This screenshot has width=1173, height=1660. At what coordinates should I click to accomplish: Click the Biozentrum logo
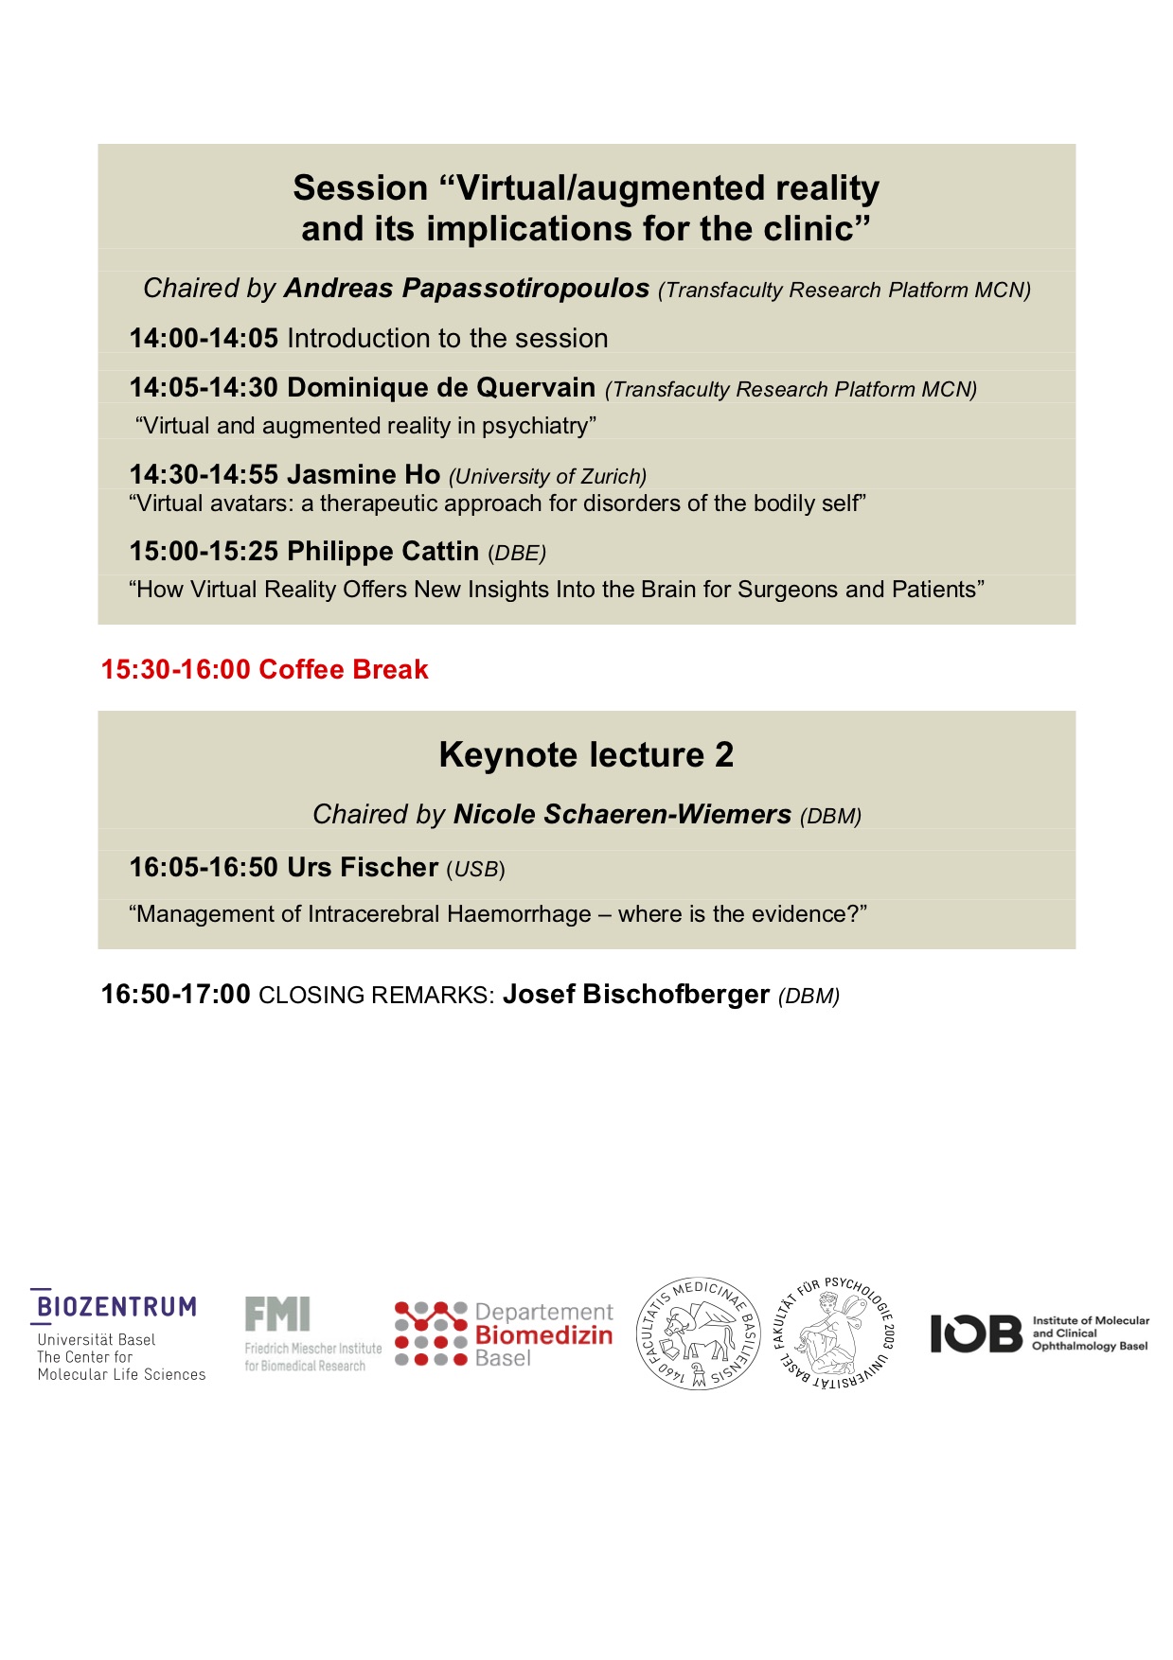[116, 1308]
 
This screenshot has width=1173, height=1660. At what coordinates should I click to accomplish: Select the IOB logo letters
[976, 1333]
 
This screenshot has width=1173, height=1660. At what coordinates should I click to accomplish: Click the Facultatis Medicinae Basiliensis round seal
[698, 1333]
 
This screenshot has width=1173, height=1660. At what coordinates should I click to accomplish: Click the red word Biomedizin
[543, 1335]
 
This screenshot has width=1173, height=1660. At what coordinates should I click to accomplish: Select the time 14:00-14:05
[204, 339]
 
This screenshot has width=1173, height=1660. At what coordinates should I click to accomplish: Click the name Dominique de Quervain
[441, 388]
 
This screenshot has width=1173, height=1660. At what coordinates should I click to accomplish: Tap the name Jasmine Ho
[364, 474]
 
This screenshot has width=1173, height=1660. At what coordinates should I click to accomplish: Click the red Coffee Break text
[343, 670]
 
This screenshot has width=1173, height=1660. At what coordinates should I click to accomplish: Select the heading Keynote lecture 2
[586, 755]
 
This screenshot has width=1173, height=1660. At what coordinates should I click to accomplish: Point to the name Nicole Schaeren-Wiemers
[622, 815]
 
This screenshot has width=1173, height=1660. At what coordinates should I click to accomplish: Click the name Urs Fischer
[363, 868]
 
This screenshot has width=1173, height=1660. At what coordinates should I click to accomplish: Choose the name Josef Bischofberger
[635, 995]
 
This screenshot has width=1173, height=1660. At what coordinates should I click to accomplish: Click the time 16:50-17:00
[176, 995]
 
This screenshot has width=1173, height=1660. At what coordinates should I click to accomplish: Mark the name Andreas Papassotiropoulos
[467, 289]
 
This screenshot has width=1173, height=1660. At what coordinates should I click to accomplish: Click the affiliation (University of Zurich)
[547, 477]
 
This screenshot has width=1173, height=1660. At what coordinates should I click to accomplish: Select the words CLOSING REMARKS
[376, 996]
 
